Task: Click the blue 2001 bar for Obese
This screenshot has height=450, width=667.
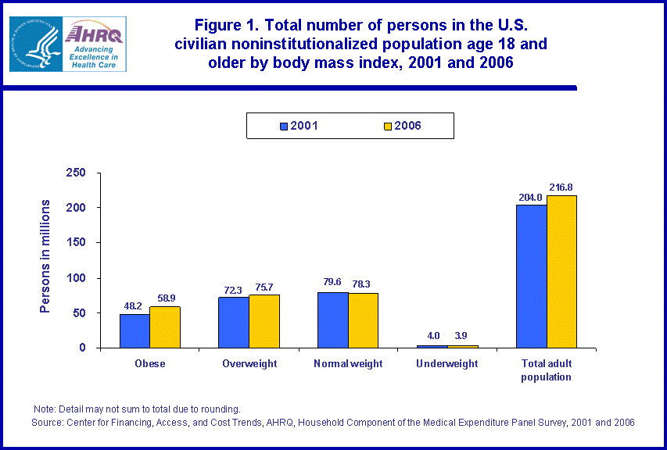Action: click(134, 330)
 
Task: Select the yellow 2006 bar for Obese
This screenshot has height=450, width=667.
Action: click(165, 327)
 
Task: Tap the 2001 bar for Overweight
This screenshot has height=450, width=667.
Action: click(233, 322)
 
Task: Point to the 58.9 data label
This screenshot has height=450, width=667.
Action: click(165, 298)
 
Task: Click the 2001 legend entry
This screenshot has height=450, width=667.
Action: click(298, 125)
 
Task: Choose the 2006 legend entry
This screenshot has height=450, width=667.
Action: click(401, 125)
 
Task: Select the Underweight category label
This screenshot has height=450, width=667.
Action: click(446, 364)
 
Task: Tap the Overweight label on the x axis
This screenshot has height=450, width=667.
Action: click(249, 364)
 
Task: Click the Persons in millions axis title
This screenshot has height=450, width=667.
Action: click(45, 256)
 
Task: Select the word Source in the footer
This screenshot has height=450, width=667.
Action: click(48, 422)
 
